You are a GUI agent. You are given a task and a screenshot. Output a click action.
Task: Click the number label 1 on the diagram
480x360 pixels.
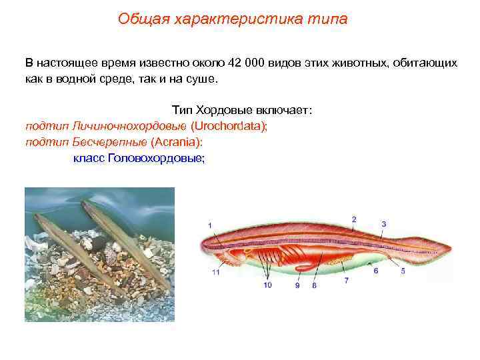pos(211,226)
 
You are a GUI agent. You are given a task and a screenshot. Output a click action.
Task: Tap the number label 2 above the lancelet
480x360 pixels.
pos(354,219)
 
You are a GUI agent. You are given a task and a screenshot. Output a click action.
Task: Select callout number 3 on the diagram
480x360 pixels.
pos(384,224)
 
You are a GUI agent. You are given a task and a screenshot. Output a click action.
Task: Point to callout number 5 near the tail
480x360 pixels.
pos(403,271)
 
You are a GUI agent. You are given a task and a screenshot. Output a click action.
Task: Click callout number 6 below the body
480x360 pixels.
pos(376,271)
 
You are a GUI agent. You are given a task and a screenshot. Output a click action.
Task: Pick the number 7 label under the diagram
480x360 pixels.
pos(346,281)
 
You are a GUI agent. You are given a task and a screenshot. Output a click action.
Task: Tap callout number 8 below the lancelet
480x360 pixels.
pos(314,285)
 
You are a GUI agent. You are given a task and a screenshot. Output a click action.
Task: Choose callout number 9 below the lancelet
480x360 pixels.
pos(297,285)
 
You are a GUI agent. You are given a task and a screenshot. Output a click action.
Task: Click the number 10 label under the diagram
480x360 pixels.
pos(267,285)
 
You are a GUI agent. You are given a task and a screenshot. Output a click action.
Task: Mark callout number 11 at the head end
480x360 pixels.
pos(215,272)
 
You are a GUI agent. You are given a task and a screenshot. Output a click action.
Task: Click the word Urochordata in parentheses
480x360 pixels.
pos(228,125)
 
